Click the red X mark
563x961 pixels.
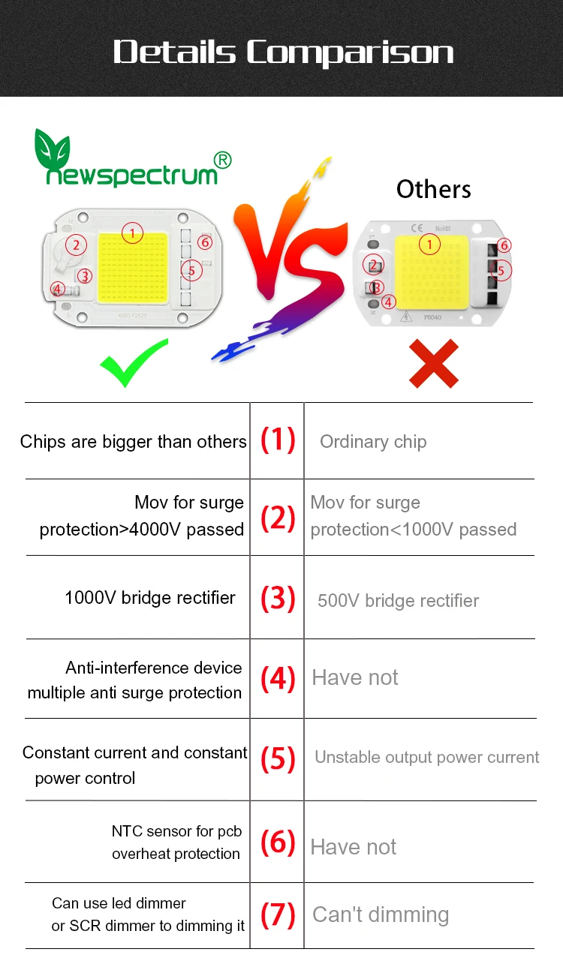434,363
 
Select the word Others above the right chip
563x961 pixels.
434,189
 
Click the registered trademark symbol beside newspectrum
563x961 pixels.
223,160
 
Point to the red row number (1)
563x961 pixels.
278,440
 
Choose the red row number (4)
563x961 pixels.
278,678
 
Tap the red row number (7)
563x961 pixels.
278,914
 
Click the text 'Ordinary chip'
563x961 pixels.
373,442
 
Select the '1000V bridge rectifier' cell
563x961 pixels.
150,598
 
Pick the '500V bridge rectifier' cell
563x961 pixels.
398,601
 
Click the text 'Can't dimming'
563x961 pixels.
381,915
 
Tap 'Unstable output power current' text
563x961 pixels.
426,758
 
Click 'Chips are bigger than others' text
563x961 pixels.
134,442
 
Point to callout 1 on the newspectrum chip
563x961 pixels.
132,233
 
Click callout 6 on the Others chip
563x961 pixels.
504,245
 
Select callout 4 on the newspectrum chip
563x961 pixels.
58,289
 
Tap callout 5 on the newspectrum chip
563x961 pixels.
191,269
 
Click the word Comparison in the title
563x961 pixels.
350,53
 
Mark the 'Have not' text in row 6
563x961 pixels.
354,847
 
